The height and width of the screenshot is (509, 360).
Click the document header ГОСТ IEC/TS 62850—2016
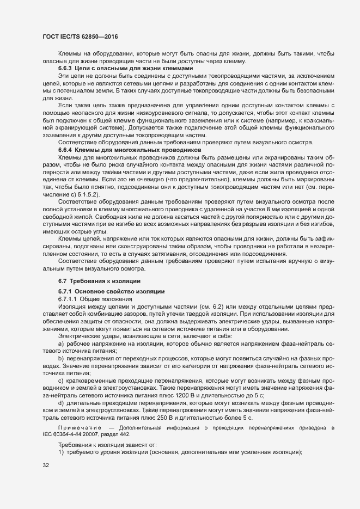(80, 36)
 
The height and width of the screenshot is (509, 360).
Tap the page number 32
(46, 465)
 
